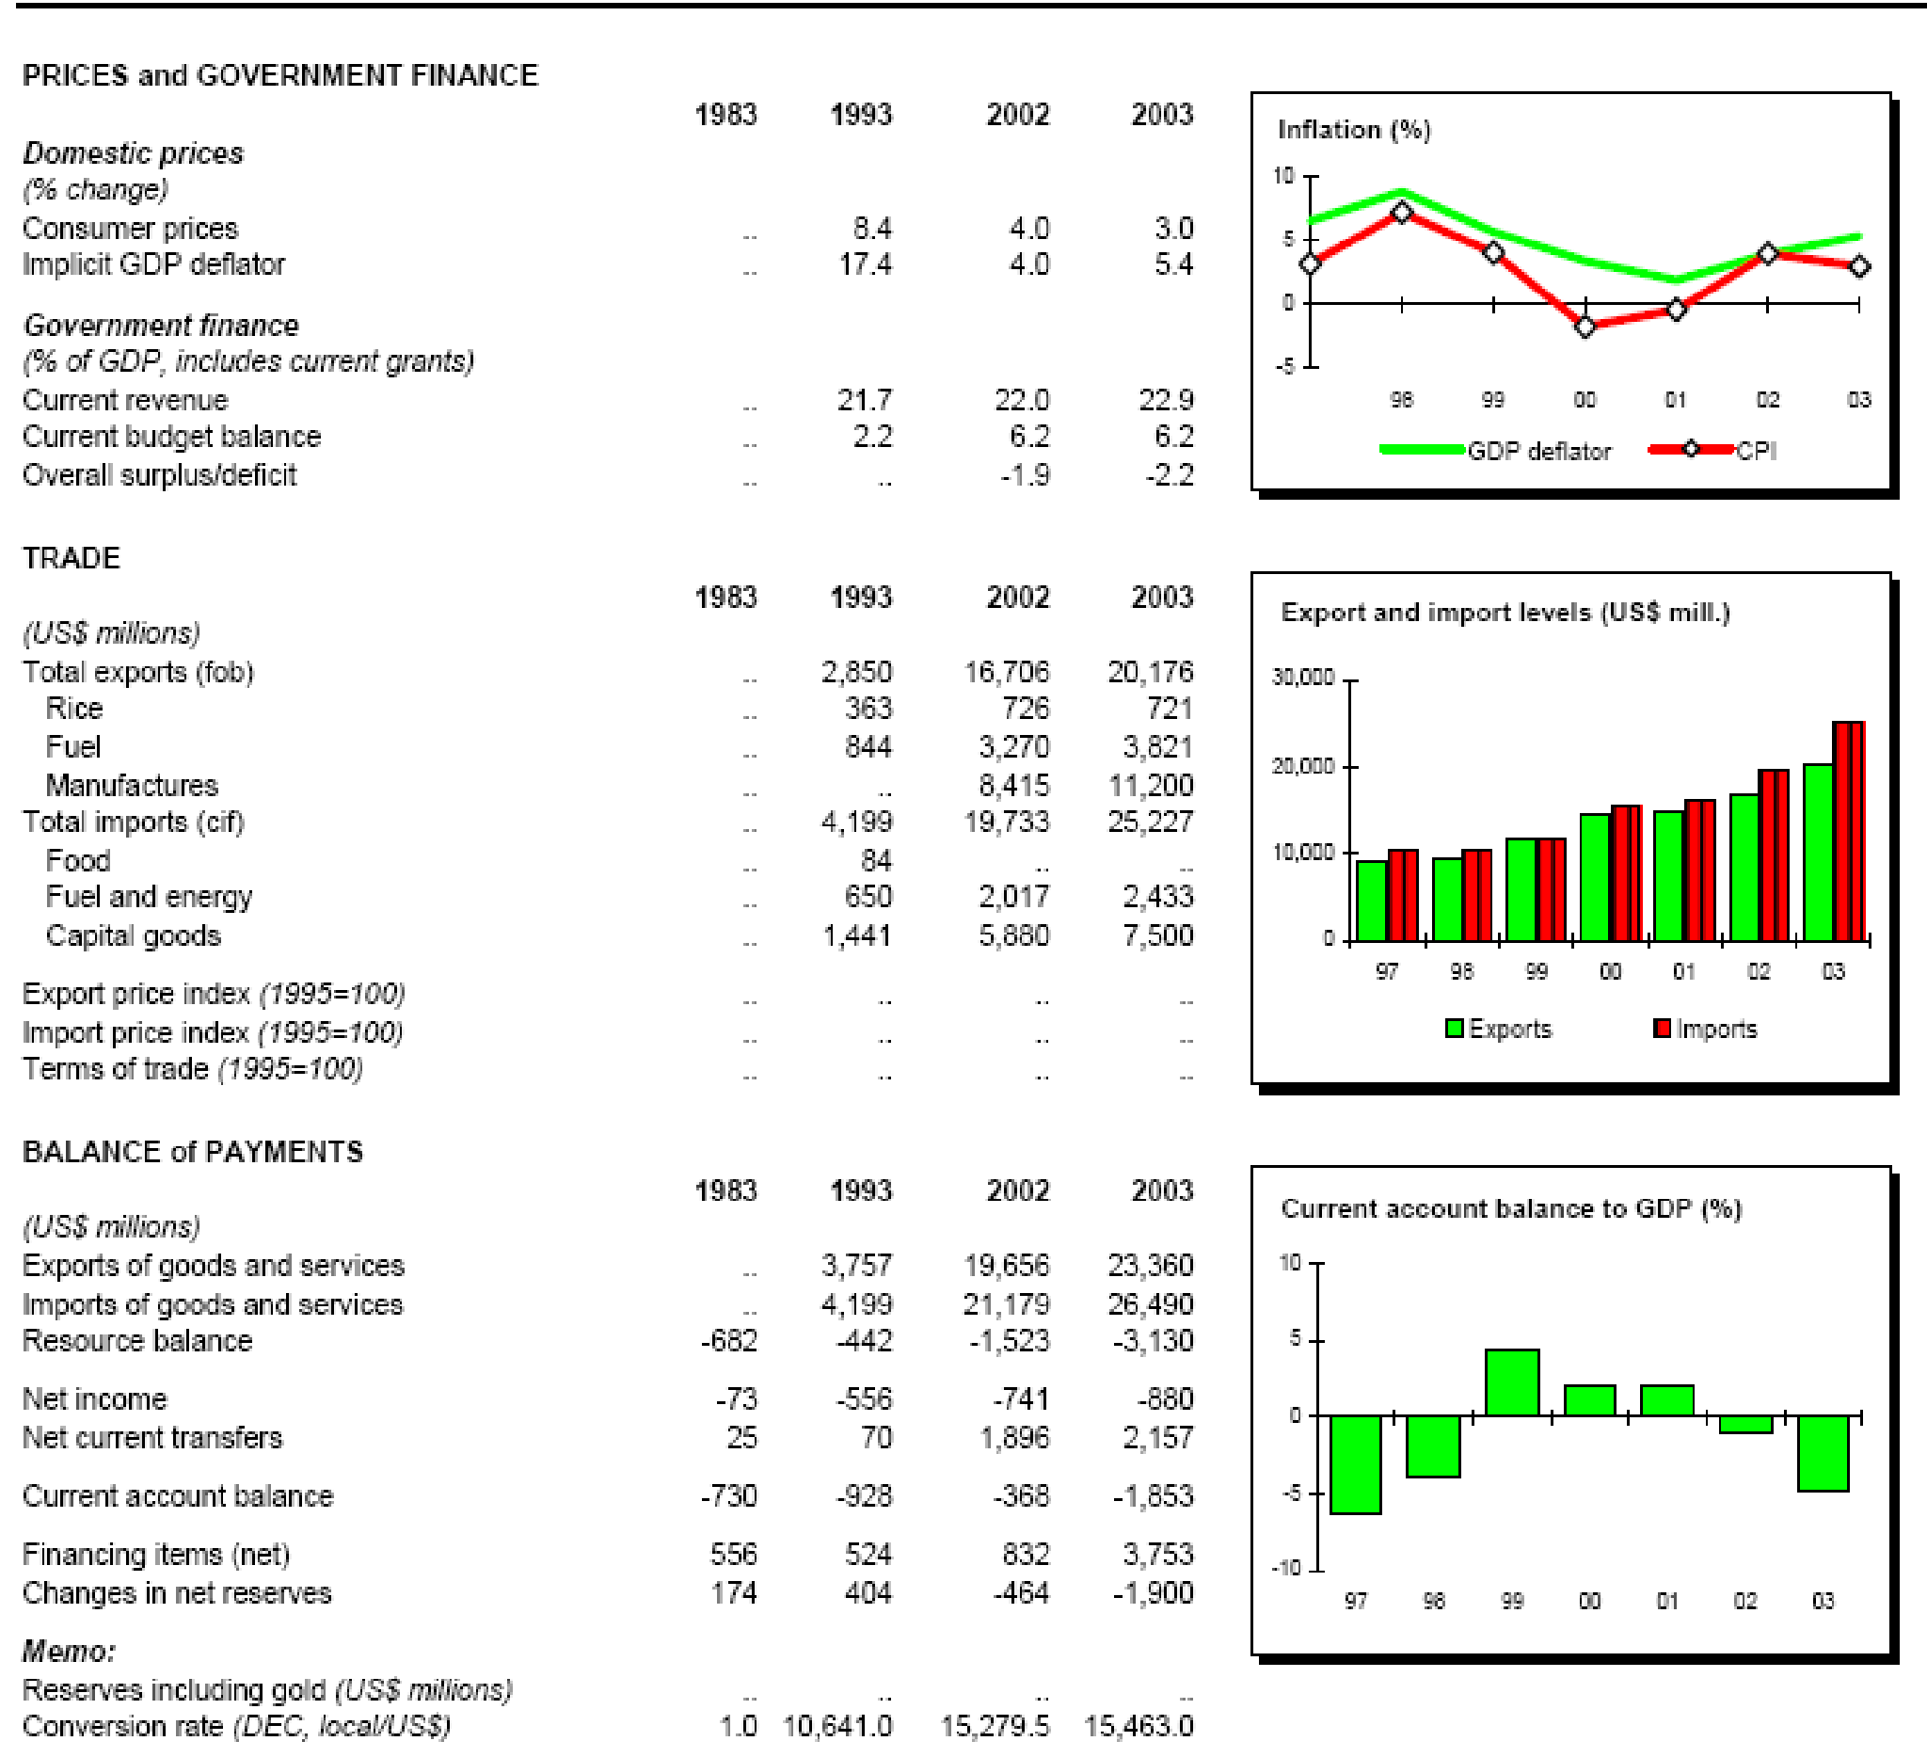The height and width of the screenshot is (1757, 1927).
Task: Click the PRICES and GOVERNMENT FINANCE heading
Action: coord(280,75)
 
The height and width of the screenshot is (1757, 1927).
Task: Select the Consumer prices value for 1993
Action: coord(871,229)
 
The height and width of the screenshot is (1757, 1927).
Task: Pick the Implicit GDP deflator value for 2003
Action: coord(1172,264)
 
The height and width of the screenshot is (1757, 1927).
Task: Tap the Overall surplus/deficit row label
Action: coord(160,475)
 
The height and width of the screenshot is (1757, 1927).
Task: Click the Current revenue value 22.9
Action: coord(1166,400)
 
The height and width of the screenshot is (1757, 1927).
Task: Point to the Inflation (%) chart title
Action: coord(1353,130)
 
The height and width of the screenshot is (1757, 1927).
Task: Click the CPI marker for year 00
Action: coord(1585,327)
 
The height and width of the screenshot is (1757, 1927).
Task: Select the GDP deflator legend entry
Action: coord(1538,451)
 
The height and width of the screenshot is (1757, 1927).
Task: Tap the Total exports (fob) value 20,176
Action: coord(1150,672)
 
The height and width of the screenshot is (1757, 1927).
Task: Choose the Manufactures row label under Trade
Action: coord(132,786)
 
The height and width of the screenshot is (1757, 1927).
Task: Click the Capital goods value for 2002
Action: coord(1013,934)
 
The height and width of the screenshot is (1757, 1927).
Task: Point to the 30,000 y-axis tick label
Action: coord(1302,678)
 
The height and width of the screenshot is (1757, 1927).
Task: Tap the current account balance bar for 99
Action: coord(1512,1382)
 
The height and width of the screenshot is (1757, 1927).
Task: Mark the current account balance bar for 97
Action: coord(1356,1463)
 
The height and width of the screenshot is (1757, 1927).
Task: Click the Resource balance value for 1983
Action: coord(728,1341)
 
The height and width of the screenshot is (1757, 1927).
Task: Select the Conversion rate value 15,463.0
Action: coord(1139,1726)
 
